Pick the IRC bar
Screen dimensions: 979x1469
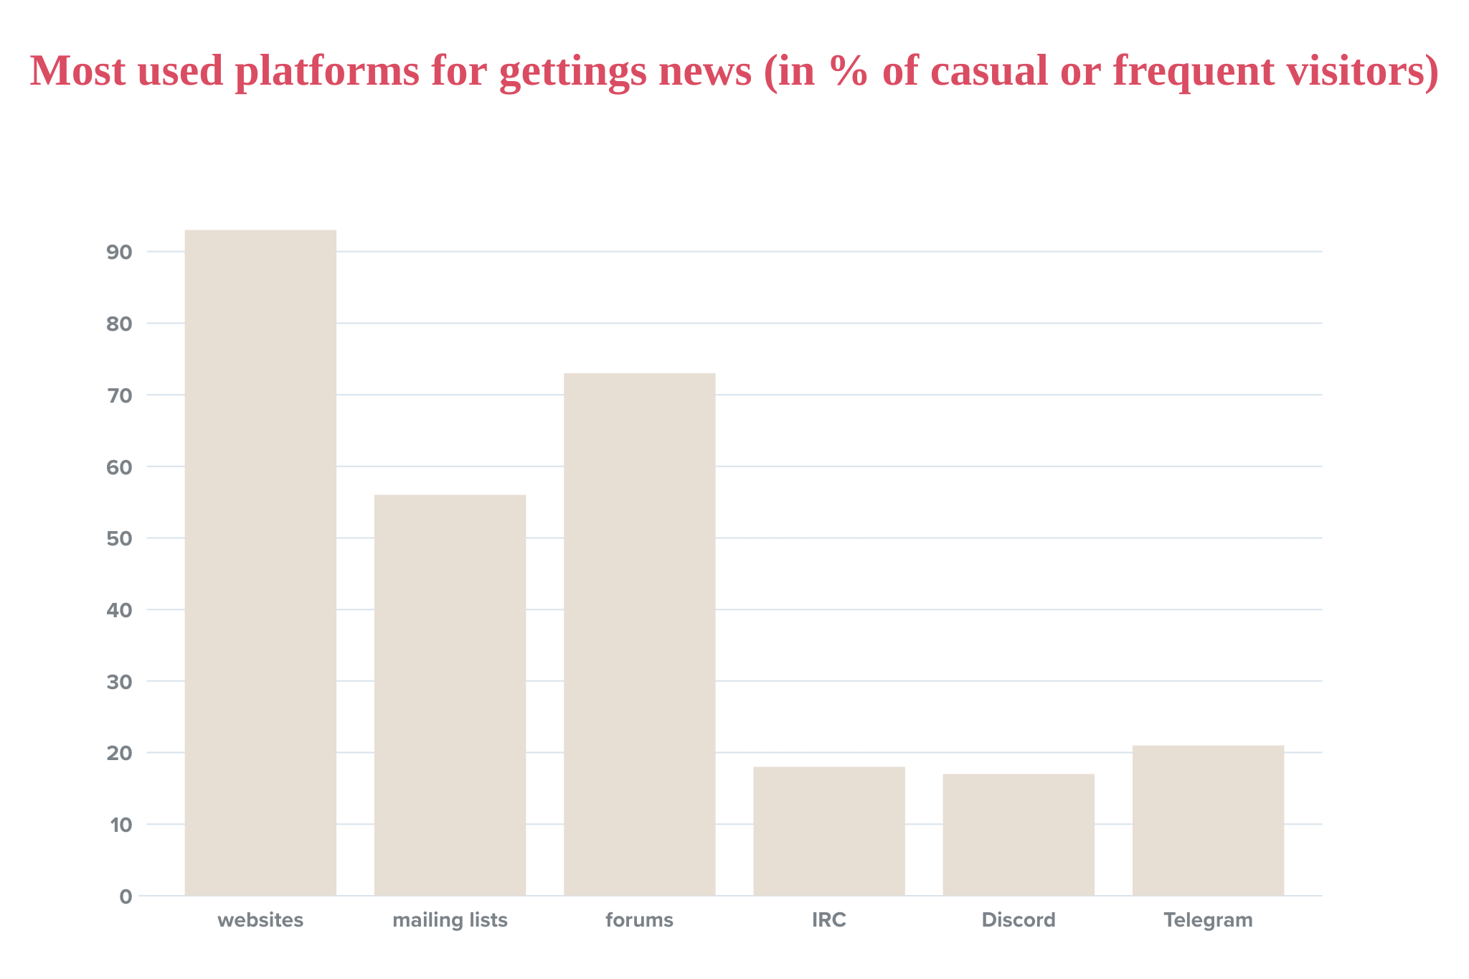point(828,830)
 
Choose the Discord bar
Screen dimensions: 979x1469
point(1019,834)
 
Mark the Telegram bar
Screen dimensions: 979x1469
point(1208,820)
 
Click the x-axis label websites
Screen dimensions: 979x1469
point(260,920)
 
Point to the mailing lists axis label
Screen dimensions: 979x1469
point(450,920)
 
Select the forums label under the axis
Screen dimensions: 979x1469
point(639,920)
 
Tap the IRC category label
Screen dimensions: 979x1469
point(828,920)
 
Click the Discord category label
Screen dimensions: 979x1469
point(1019,920)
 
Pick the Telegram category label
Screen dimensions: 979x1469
point(1208,920)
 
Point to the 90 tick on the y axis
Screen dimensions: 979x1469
point(119,252)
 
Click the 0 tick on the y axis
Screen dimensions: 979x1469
point(126,896)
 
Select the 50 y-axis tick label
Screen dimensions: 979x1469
point(119,538)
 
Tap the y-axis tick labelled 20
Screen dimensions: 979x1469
point(119,753)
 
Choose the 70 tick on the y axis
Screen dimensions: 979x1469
point(119,395)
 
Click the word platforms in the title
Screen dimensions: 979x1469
point(327,72)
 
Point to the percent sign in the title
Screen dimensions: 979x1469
point(849,72)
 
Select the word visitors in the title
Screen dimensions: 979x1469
point(1356,72)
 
